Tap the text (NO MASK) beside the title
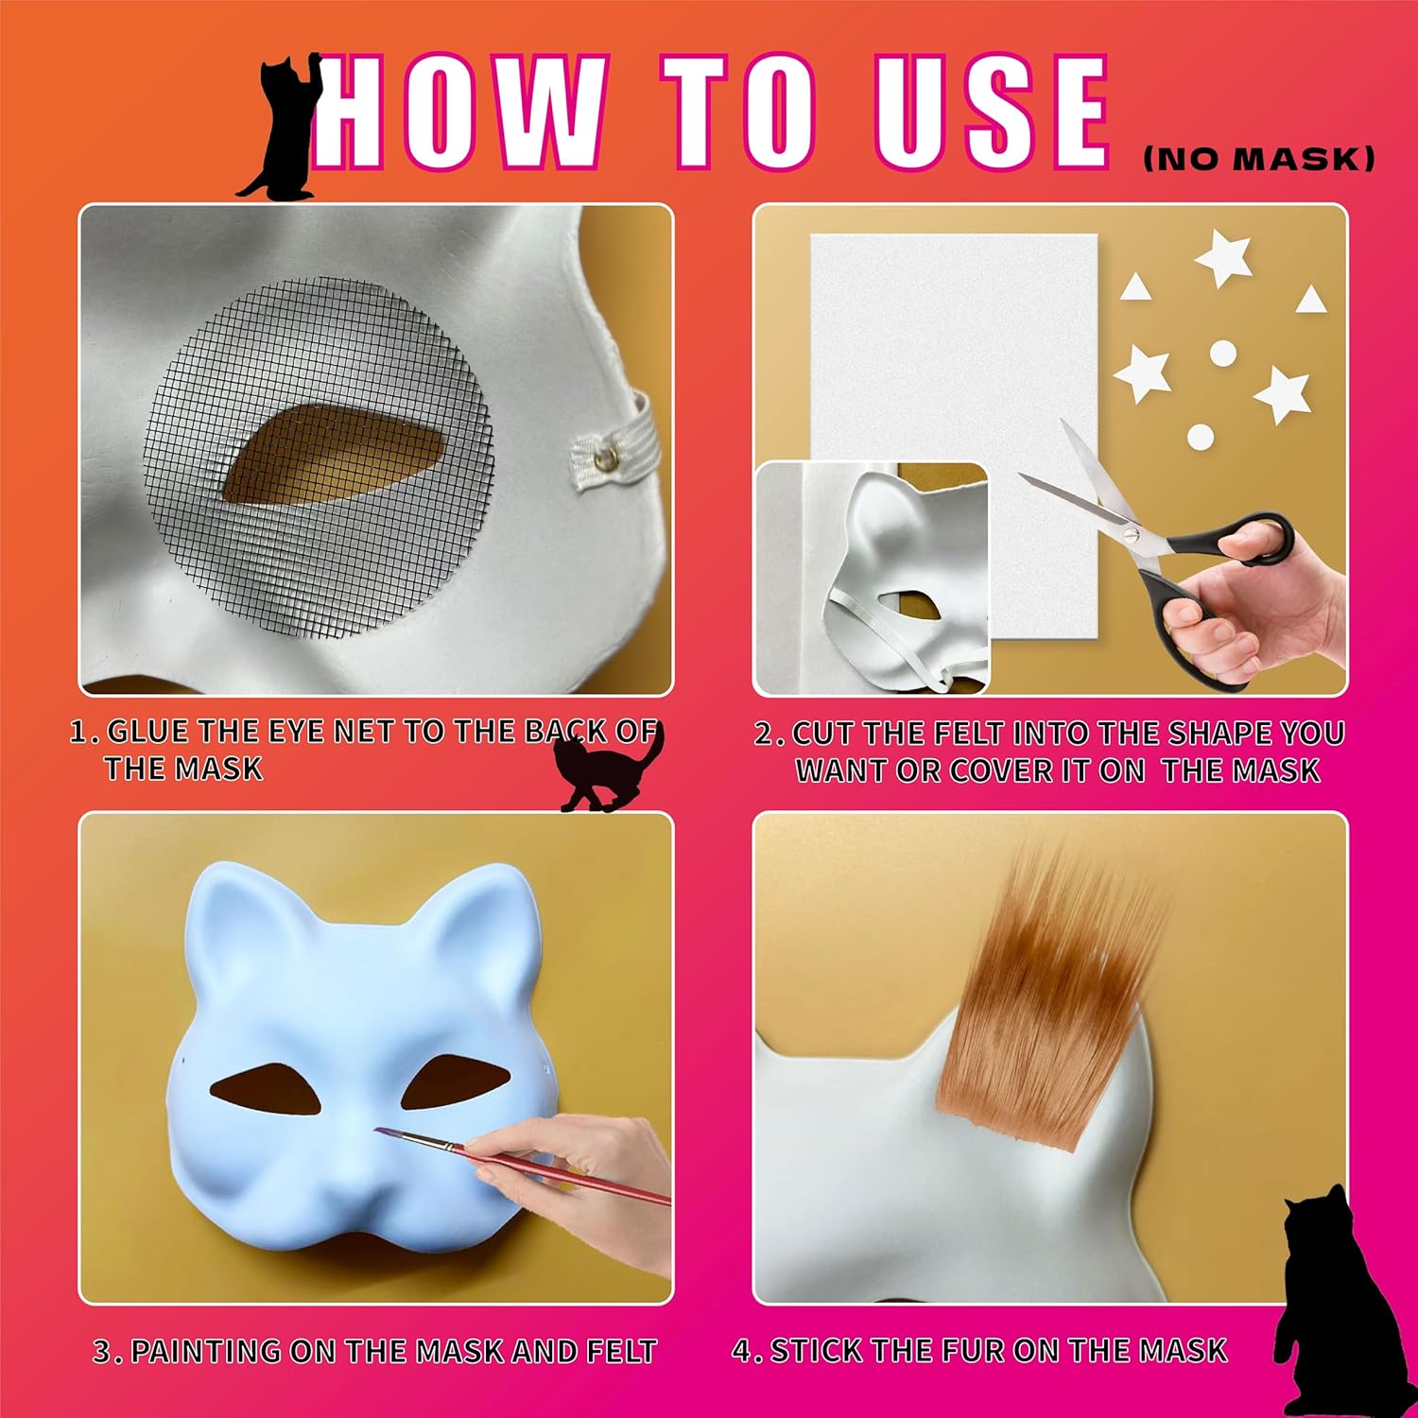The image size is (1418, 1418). (x=1258, y=159)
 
